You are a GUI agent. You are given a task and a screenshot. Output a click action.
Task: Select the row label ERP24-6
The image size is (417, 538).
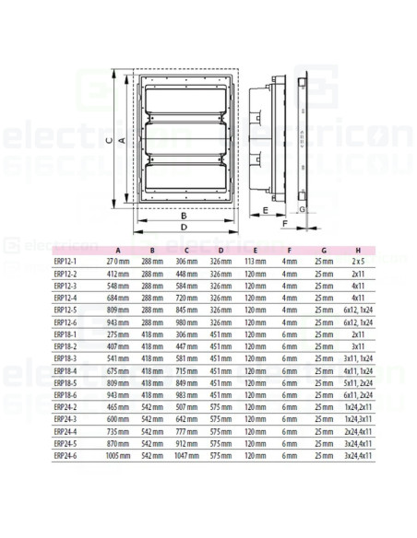click(66, 454)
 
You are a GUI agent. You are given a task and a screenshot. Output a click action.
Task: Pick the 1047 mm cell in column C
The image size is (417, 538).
click(185, 454)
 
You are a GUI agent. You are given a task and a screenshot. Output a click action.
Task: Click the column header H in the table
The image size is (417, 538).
click(358, 250)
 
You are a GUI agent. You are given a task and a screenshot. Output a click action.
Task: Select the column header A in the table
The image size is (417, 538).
click(117, 250)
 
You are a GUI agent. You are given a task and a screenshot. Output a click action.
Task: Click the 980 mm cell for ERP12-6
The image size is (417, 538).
click(186, 322)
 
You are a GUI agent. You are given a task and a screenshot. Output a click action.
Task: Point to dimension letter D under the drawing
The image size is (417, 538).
click(185, 226)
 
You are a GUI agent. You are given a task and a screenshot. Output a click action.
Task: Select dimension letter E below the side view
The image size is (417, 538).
click(266, 211)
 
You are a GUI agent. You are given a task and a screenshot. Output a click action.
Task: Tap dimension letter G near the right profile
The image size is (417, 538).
click(302, 210)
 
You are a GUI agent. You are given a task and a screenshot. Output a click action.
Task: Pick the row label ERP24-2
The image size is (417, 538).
click(66, 405)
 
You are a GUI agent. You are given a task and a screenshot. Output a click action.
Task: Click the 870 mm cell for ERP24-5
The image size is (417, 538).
click(117, 442)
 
